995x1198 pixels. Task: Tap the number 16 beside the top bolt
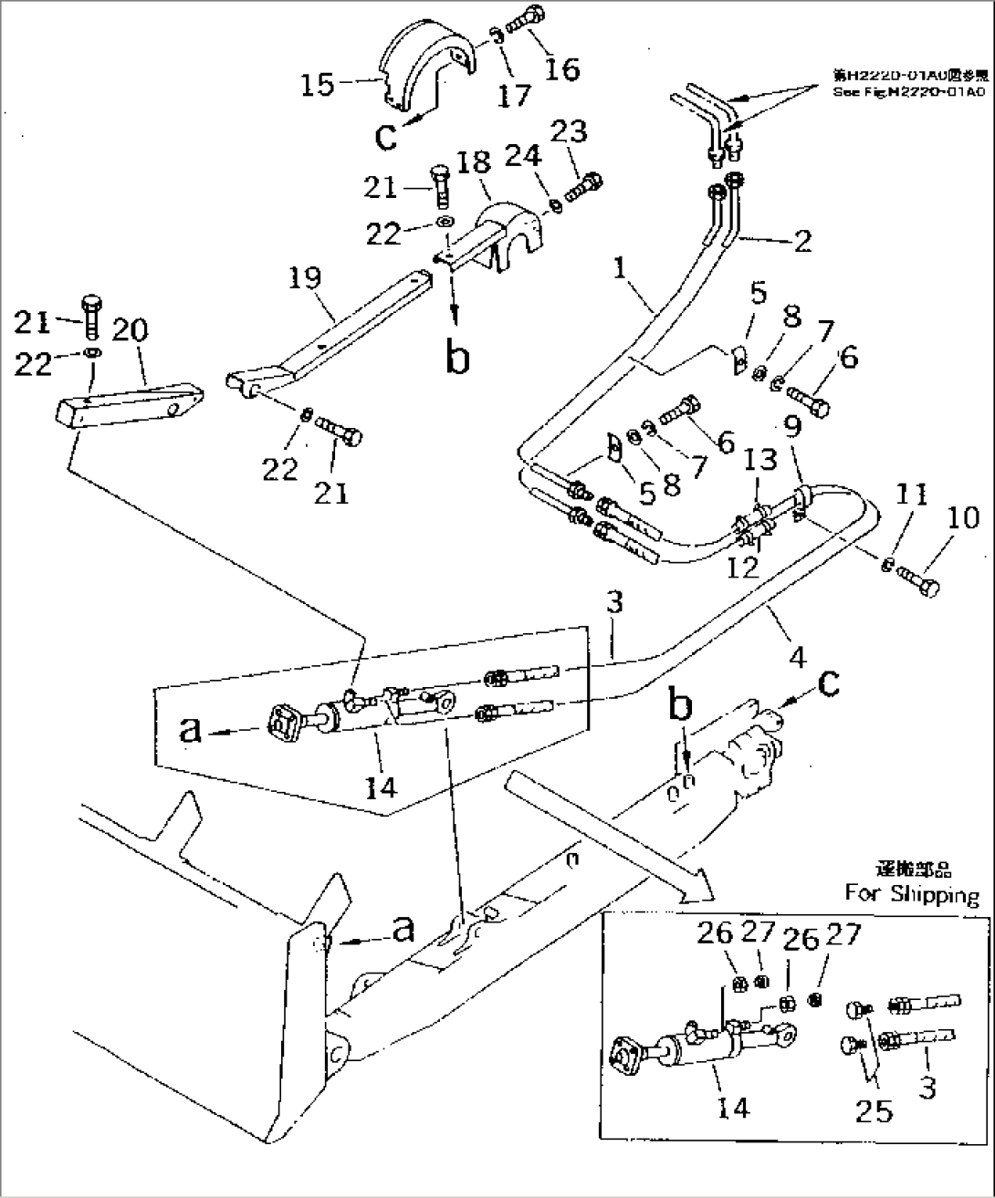(561, 68)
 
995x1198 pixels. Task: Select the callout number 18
(473, 165)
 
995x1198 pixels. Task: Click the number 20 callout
(130, 331)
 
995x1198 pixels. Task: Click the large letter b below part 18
(458, 357)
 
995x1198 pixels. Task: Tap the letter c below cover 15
(387, 136)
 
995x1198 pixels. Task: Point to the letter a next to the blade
(403, 928)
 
